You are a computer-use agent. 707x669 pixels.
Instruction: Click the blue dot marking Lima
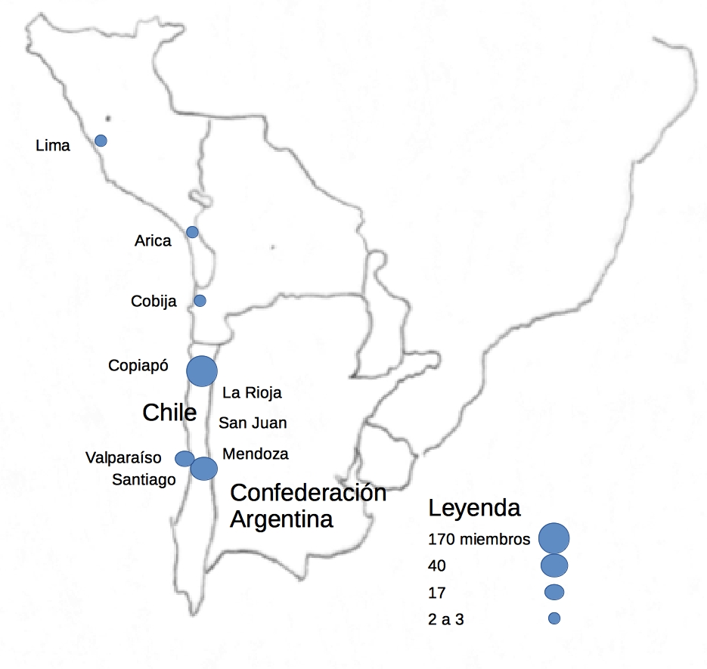click(101, 141)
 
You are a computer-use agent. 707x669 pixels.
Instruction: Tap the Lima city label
click(53, 146)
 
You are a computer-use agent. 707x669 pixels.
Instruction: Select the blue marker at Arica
click(192, 232)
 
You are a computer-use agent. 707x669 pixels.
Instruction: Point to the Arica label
click(153, 241)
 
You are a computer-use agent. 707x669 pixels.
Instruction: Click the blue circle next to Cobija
click(200, 301)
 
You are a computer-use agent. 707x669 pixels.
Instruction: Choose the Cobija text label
click(153, 302)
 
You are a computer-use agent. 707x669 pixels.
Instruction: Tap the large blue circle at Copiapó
click(202, 371)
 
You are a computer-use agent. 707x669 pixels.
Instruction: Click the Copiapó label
click(141, 366)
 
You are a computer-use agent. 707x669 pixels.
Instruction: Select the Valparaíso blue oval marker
click(185, 459)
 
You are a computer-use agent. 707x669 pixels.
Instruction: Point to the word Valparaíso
click(123, 457)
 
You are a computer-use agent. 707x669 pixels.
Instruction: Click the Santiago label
click(144, 479)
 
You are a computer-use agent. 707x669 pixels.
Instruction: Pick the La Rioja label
click(252, 392)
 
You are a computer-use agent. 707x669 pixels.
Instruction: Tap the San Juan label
click(253, 423)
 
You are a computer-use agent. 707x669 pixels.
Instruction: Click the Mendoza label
click(256, 454)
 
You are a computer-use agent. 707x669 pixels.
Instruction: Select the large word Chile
click(170, 413)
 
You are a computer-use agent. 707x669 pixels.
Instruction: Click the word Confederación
click(308, 493)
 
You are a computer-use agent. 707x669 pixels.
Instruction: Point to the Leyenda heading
click(474, 508)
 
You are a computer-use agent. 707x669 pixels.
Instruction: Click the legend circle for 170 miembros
click(554, 538)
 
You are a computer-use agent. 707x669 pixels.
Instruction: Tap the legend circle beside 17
click(554, 591)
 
